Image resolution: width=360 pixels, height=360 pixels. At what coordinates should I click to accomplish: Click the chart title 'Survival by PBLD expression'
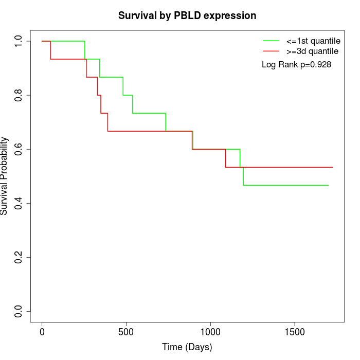click(x=187, y=15)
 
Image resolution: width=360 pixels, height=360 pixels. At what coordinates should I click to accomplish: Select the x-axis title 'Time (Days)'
click(x=187, y=347)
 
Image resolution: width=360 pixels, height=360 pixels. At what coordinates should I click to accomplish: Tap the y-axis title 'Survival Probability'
click(x=5, y=176)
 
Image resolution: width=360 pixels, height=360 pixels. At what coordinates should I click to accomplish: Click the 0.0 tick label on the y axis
click(x=19, y=311)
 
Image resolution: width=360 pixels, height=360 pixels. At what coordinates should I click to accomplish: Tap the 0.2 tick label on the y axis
click(x=19, y=257)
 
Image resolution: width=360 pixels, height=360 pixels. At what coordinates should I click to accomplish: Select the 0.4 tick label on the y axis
click(x=19, y=203)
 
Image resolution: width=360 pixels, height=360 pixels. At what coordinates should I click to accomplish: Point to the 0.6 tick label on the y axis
click(x=19, y=149)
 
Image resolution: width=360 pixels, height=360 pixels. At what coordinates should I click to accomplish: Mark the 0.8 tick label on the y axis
click(x=19, y=95)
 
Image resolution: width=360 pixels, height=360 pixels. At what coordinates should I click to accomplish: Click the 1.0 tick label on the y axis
click(x=19, y=41)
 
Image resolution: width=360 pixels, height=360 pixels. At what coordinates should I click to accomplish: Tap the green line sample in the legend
click(x=271, y=41)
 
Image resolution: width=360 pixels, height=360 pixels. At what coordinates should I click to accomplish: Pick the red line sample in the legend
click(x=271, y=51)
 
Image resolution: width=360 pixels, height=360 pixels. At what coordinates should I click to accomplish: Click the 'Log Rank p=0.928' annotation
click(x=296, y=65)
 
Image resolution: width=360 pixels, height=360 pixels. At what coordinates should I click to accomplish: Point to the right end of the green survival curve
click(x=328, y=185)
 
